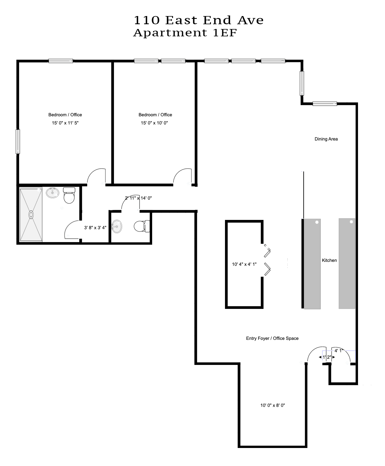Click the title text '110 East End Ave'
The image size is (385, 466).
(x=198, y=20)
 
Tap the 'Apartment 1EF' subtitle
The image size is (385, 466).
(x=185, y=33)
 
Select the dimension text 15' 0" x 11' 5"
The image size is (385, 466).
(x=65, y=123)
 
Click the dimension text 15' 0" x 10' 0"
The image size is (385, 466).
(x=154, y=123)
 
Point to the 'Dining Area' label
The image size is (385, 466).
(x=326, y=139)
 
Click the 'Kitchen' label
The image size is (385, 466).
(x=329, y=260)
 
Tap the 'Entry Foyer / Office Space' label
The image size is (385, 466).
(x=272, y=338)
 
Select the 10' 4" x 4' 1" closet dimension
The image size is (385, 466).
(x=244, y=264)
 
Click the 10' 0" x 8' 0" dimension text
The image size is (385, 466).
(x=273, y=405)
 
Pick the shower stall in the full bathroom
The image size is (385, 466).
(x=31, y=214)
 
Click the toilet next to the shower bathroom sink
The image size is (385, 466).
(x=69, y=195)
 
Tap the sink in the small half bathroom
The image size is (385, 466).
(x=117, y=226)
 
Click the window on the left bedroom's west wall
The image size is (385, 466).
(x=18, y=141)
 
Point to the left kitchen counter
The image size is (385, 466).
(x=312, y=264)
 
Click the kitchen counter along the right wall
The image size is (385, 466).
(x=347, y=264)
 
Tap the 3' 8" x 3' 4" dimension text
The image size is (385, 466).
(x=95, y=228)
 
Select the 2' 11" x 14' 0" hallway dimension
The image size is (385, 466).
(x=138, y=198)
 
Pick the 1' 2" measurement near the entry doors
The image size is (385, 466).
(x=327, y=357)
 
